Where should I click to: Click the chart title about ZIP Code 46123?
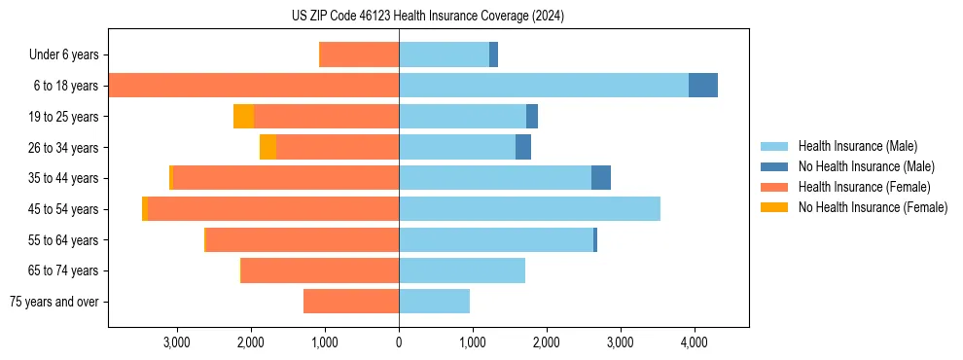(x=428, y=17)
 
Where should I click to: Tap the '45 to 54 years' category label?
(x=63, y=209)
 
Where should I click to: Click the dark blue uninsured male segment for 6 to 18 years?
(x=702, y=86)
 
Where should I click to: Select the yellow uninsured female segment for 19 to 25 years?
(x=243, y=117)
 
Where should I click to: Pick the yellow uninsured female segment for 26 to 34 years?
(x=267, y=147)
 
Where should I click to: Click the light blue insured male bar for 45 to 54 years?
(x=529, y=209)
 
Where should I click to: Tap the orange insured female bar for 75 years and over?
(x=351, y=302)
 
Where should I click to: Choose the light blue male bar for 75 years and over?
(x=434, y=302)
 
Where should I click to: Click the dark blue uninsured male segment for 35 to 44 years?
(x=601, y=178)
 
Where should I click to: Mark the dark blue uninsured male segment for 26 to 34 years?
(x=523, y=147)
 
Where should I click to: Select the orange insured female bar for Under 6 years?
(x=359, y=54)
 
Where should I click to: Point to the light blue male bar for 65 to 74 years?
(x=462, y=270)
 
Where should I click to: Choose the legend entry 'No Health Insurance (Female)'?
(x=873, y=207)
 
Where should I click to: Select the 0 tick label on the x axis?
(x=399, y=342)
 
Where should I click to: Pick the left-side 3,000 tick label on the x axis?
(x=177, y=342)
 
